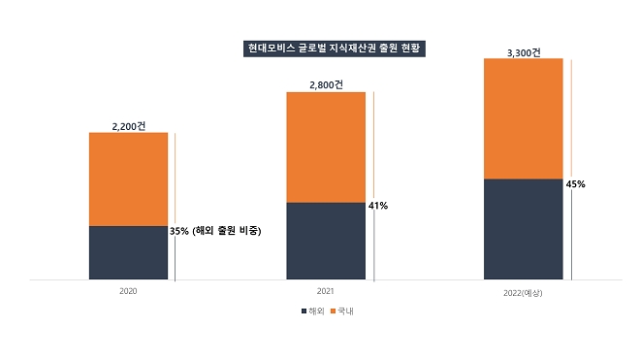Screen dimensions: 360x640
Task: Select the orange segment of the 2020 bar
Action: click(128, 179)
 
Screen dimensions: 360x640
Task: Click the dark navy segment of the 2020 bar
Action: click(128, 252)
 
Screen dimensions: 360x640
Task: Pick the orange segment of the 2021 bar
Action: click(326, 147)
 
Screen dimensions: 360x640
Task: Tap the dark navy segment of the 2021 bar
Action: click(326, 241)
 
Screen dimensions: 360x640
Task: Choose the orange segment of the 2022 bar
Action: click(523, 118)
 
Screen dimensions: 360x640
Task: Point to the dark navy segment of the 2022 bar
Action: click(523, 229)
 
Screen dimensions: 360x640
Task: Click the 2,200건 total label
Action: click(129, 126)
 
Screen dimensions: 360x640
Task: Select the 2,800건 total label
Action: click(326, 85)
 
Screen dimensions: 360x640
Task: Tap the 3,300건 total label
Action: click(524, 51)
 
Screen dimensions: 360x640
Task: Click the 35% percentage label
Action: click(179, 231)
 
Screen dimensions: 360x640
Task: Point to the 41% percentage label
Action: click(378, 206)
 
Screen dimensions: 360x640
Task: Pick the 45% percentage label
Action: click(575, 183)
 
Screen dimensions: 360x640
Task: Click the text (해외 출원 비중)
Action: click(227, 231)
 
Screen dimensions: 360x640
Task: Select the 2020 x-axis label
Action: click(128, 291)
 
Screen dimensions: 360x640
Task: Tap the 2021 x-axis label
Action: click(326, 291)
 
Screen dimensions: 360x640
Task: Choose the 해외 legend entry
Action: click(310, 311)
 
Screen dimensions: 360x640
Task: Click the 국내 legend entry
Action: click(342, 311)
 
